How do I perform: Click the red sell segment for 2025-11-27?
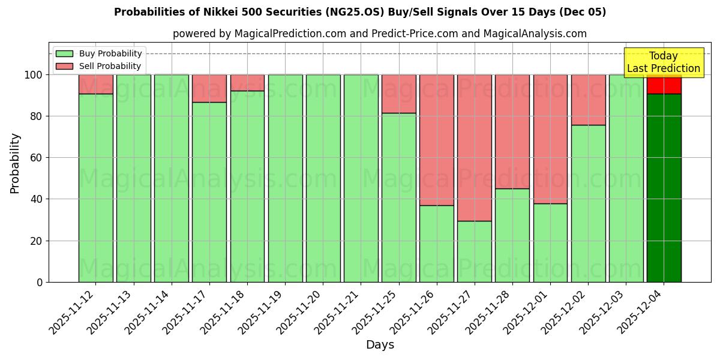[475, 148]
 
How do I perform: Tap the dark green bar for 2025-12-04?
[664, 188]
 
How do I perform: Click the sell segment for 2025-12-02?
[589, 100]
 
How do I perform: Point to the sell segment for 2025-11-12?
[96, 84]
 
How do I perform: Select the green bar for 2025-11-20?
[323, 178]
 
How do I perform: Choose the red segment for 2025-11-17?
[209, 88]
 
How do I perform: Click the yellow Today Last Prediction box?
[664, 62]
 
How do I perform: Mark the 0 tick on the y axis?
[40, 282]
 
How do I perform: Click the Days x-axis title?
[380, 345]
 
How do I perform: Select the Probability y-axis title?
[15, 163]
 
